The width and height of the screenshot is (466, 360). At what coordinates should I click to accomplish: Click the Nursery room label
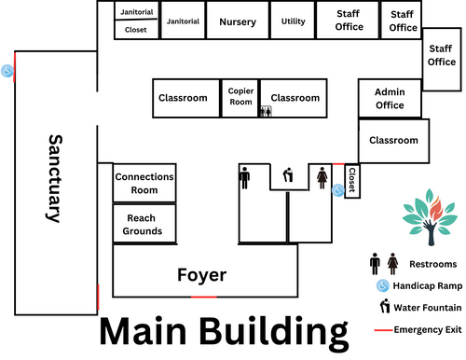tap(238, 22)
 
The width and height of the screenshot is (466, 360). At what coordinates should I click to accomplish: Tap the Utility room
tap(293, 21)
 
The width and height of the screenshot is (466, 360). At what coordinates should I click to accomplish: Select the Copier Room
tap(240, 98)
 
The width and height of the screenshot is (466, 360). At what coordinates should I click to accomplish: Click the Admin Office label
tap(390, 98)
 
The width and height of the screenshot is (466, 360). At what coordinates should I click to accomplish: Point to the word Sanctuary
tap(55, 178)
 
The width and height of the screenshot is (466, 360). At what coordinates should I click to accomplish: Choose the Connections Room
tap(144, 183)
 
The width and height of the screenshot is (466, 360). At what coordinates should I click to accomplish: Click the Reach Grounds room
tap(144, 224)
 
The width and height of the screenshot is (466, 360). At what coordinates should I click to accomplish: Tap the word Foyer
tap(202, 275)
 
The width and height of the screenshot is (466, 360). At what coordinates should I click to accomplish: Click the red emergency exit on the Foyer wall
tap(204, 298)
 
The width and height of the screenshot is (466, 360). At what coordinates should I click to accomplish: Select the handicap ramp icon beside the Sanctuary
tap(7, 71)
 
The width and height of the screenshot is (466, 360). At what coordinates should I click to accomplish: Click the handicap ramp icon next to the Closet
tap(338, 190)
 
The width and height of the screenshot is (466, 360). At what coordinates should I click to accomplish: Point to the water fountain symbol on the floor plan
tap(288, 175)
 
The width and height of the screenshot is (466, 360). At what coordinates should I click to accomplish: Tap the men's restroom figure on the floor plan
tap(245, 178)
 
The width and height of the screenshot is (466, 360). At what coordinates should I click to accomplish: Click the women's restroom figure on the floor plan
tap(322, 178)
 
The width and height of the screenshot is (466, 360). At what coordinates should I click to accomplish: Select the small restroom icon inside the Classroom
tap(266, 111)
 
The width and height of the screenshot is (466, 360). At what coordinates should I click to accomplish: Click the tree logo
tap(430, 216)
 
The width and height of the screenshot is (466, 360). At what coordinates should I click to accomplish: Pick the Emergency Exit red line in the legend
tap(384, 330)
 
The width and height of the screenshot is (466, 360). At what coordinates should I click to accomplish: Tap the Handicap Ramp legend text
tap(428, 285)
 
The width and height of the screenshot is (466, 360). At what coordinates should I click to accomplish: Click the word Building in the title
tap(273, 333)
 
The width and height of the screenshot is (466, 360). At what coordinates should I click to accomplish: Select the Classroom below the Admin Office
tap(394, 141)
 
